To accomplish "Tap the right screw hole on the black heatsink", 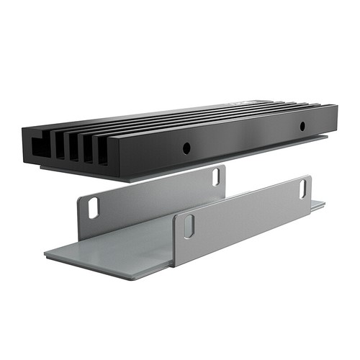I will [302, 127].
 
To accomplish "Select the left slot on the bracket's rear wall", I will [93, 207].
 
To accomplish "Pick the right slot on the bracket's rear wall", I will [215, 176].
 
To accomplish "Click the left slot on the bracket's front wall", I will [189, 226].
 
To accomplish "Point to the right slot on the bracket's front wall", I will [302, 189].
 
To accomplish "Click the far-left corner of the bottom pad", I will [45, 253].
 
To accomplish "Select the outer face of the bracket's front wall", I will [245, 220].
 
